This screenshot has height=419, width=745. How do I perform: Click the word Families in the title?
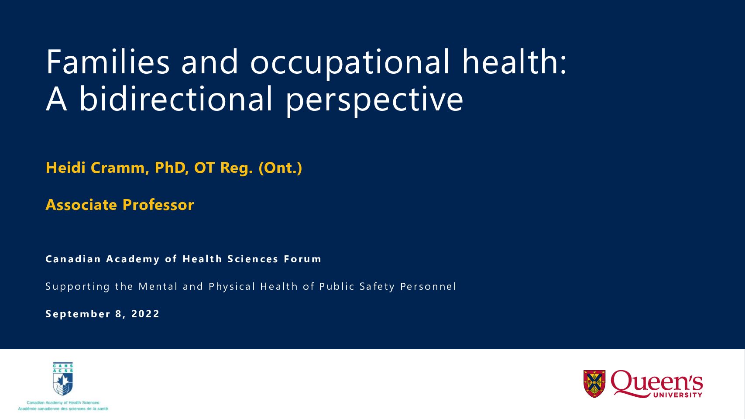click(108, 62)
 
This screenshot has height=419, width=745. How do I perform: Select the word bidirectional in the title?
click(176, 99)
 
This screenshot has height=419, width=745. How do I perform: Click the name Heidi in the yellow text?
click(65, 168)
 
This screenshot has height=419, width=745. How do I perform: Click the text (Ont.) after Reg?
click(280, 168)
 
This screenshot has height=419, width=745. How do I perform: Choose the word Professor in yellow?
click(158, 205)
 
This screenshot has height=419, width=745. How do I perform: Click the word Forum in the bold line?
click(302, 259)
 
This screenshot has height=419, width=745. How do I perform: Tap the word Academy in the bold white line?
click(133, 259)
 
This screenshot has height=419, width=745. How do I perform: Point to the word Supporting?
click(78, 287)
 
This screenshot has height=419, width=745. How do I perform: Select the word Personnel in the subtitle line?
click(429, 286)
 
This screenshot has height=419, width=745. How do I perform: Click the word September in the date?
click(78, 314)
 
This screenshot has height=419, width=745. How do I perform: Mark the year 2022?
click(145, 314)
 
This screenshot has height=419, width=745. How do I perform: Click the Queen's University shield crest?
click(594, 384)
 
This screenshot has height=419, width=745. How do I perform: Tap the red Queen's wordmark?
click(656, 382)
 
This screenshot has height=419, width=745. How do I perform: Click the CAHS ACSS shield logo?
click(63, 379)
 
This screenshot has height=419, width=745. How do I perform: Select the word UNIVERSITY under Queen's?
click(678, 395)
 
